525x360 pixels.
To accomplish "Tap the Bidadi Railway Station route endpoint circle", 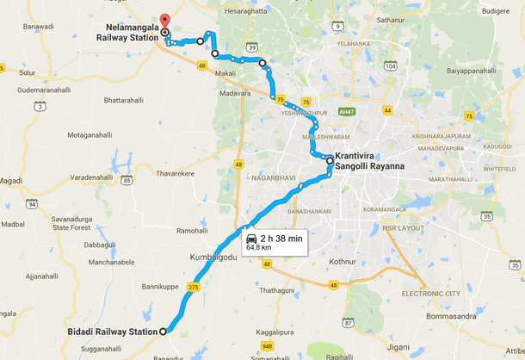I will pos(164,331).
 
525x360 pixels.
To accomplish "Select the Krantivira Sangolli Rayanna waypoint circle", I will pos(329,158).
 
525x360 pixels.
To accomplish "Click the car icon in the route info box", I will pos(250,238).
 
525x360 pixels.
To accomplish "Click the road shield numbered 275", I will pos(193,287).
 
